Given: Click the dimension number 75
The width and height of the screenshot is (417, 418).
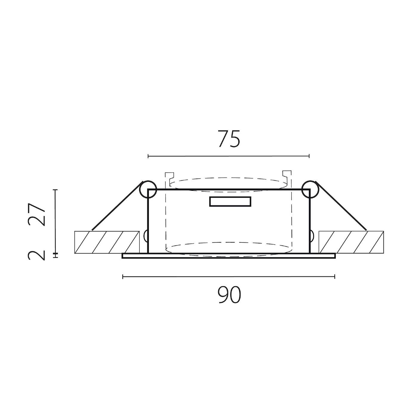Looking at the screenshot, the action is (229, 139).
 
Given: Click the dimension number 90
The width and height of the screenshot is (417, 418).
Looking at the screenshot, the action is (229, 295).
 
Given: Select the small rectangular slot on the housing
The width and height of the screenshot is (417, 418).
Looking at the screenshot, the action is (230, 202).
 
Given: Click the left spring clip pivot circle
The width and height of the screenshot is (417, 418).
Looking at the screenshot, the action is (148, 189).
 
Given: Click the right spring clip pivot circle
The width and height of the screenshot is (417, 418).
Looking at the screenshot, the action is (310, 189).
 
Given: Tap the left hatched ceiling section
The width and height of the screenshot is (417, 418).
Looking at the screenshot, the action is (107, 242).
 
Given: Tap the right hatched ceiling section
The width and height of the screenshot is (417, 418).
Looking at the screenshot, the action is (351, 242).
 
